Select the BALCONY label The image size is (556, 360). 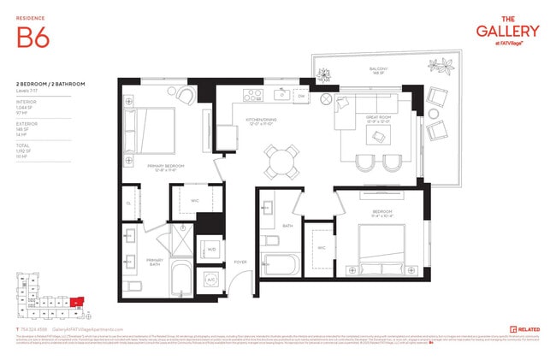[x=379, y=71]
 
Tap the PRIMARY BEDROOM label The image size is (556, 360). [x=165, y=169]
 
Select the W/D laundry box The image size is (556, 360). [x=210, y=251]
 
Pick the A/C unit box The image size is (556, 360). [x=210, y=280]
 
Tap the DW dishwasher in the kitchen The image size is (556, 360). [x=301, y=97]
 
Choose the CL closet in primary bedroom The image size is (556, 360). [x=128, y=204]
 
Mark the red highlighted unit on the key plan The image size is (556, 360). [x=78, y=301]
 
